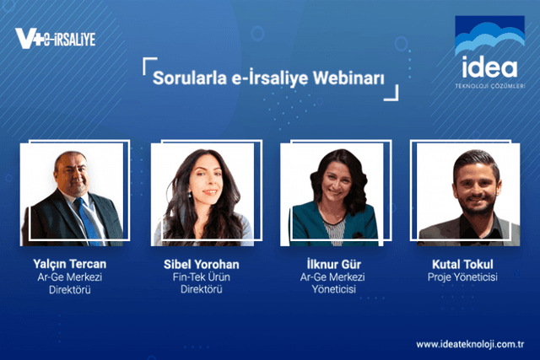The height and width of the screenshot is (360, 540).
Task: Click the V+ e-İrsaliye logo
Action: click(x=56, y=38)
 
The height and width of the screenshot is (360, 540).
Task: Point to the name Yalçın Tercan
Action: click(x=72, y=264)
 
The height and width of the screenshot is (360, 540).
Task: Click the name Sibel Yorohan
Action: click(x=202, y=264)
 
